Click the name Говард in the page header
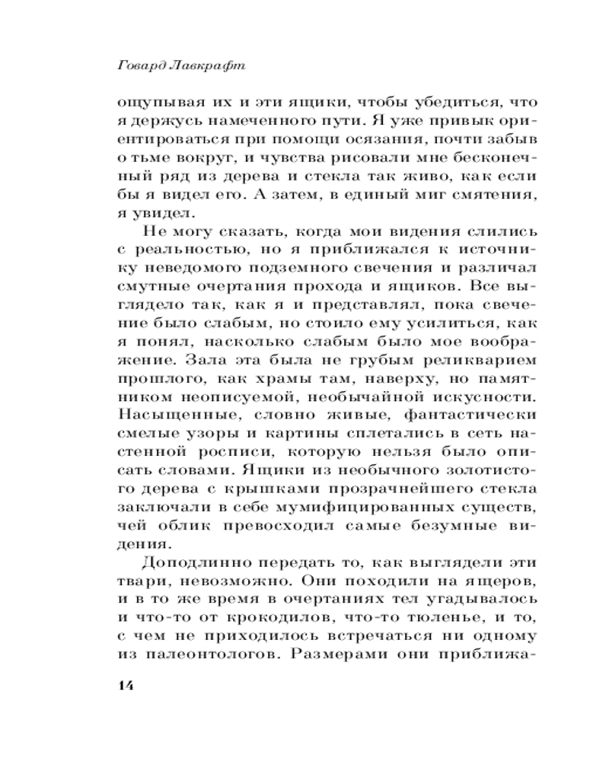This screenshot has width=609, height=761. pos(142,66)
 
